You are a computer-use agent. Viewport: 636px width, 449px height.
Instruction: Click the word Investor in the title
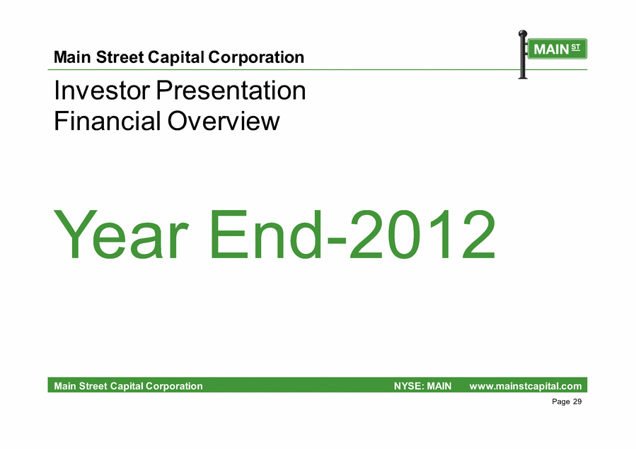[x=102, y=90]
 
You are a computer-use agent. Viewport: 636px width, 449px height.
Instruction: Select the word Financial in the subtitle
[x=107, y=121]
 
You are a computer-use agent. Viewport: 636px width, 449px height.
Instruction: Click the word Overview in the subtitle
[x=224, y=121]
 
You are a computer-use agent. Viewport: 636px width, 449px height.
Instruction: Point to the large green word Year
[x=121, y=234]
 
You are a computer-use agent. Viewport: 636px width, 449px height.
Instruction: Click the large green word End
[x=266, y=234]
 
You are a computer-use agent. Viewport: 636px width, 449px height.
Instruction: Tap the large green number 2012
[x=422, y=234]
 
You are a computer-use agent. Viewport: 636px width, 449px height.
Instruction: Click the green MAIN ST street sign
[x=557, y=49]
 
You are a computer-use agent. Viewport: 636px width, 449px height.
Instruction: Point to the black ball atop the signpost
[x=523, y=33]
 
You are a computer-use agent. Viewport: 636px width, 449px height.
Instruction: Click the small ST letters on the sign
[x=576, y=47]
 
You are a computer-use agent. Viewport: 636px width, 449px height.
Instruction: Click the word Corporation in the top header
[x=256, y=58]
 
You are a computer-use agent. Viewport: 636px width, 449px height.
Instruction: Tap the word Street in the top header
[x=120, y=57]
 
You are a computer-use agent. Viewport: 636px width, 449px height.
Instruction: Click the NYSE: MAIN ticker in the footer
[x=422, y=386]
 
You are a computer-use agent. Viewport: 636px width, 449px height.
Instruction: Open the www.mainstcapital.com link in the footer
[x=525, y=386]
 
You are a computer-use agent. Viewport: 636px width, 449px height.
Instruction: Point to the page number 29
[x=577, y=401]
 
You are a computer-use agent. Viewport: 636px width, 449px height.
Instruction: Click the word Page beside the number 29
[x=561, y=402]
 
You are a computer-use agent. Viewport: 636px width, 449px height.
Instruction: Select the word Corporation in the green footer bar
[x=174, y=386]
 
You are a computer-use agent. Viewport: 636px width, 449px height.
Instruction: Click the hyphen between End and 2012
[x=336, y=240]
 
